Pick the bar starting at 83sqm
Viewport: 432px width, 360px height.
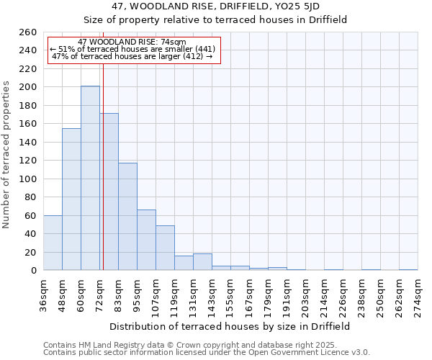click(x=127, y=216)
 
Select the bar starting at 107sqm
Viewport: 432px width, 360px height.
click(x=165, y=248)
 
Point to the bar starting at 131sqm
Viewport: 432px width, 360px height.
click(x=202, y=262)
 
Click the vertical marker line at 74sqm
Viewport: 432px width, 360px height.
click(x=103, y=180)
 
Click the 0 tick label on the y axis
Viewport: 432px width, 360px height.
click(x=33, y=271)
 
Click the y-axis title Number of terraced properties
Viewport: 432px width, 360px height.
click(x=7, y=155)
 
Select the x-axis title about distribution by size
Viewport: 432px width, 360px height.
click(x=230, y=326)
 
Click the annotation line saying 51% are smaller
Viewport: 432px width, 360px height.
click(x=132, y=49)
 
